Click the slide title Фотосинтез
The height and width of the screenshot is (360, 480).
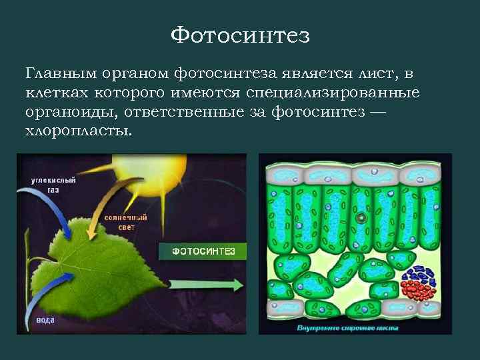240,35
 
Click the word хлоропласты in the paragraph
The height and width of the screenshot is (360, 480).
79,131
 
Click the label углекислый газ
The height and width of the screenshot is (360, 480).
53,185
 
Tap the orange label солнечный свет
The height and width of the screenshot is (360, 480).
117,223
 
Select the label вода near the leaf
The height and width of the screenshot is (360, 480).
45,320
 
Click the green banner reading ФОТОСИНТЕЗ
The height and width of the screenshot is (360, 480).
202,251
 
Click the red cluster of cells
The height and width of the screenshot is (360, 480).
419,291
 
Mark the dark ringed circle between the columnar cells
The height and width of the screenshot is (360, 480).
361,217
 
